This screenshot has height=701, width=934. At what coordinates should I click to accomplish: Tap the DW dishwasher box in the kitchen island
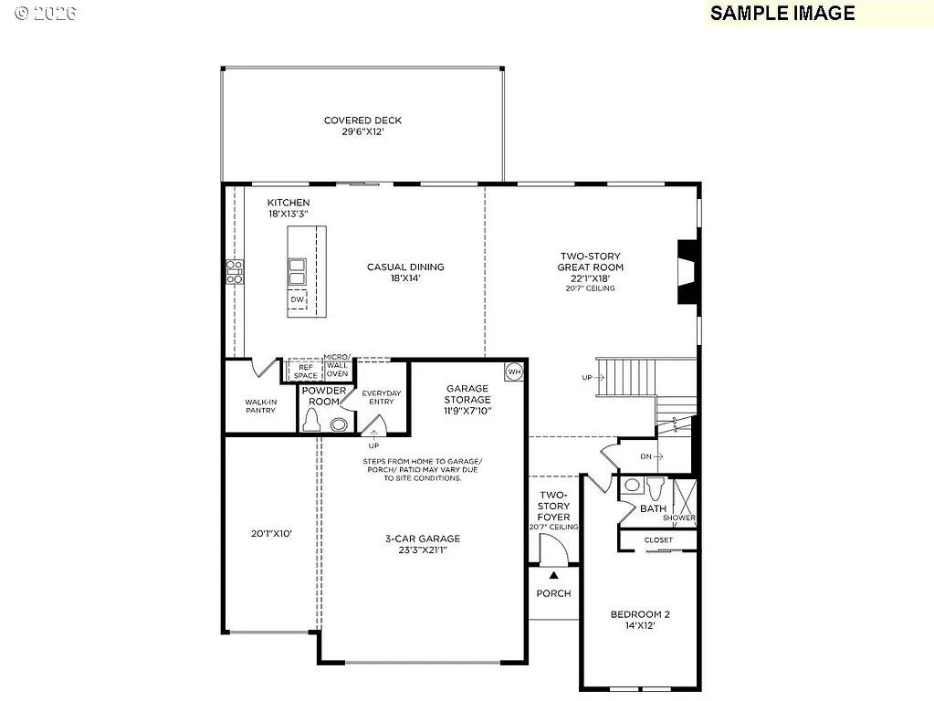(x=297, y=299)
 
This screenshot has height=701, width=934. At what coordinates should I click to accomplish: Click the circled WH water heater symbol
(x=514, y=371)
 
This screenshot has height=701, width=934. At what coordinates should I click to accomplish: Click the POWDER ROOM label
(x=325, y=396)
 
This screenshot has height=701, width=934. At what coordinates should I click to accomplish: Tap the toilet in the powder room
(x=311, y=419)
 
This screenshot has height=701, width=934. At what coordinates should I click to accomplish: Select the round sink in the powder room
(x=339, y=424)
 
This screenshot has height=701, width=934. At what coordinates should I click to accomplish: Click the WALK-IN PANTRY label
(x=260, y=405)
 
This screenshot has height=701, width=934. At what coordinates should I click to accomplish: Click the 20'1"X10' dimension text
(x=271, y=534)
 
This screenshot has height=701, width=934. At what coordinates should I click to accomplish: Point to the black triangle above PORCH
(x=553, y=575)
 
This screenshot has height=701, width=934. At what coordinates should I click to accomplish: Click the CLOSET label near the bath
(x=658, y=539)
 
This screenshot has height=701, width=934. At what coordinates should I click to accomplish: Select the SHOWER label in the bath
(x=679, y=518)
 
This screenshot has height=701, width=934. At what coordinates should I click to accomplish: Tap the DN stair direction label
(x=646, y=455)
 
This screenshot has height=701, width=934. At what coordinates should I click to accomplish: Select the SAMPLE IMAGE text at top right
(x=782, y=13)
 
